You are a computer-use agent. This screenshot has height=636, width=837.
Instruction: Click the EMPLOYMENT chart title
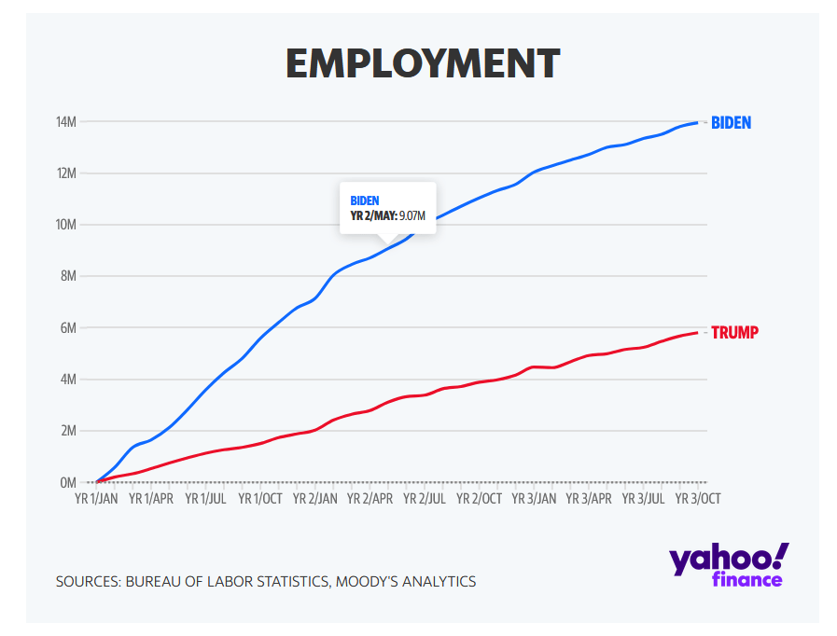coord(422,63)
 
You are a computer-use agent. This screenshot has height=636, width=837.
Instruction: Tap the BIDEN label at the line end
coord(731,122)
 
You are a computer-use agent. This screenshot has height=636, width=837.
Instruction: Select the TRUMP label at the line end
coord(734,332)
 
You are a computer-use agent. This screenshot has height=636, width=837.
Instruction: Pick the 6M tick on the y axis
coord(67,328)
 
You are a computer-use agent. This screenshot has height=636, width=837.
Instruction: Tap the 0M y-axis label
coord(67,483)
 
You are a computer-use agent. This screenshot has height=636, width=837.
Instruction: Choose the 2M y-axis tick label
coord(67,431)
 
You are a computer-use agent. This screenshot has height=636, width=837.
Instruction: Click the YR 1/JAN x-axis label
coord(97,499)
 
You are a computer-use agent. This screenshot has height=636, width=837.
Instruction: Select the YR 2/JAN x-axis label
coord(315,499)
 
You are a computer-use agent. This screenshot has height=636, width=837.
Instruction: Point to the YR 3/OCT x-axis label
coord(697,499)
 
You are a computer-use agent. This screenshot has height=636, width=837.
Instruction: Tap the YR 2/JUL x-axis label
coord(425,499)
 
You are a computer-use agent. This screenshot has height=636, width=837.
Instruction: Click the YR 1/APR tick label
coord(151,499)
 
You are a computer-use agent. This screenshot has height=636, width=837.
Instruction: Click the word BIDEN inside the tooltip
coord(365,200)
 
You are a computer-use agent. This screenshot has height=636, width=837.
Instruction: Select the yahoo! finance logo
coord(729,565)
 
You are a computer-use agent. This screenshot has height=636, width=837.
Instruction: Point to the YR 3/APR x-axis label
coord(588,499)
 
